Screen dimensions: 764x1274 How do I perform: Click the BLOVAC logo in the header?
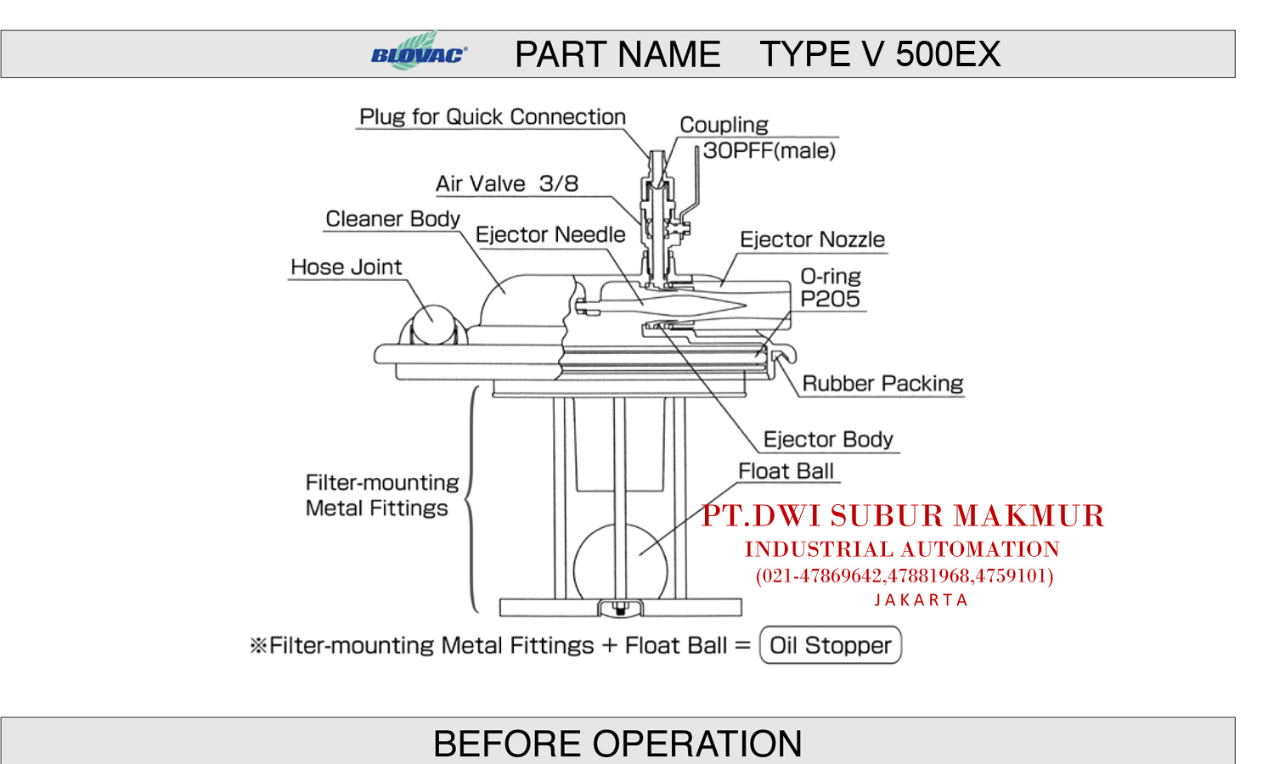419,53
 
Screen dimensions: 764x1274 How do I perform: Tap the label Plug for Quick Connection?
492,117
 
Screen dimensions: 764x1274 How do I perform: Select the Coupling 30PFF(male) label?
757,138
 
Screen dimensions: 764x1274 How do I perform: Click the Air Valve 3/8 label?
506,183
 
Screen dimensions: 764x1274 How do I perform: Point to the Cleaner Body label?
392,219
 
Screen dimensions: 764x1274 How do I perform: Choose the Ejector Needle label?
550,235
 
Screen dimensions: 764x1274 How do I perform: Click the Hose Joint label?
346,267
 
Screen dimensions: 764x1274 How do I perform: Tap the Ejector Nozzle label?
812,240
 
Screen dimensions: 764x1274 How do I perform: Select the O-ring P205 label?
830,288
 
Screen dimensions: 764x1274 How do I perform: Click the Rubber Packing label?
882,384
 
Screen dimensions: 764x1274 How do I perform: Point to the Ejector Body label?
828,440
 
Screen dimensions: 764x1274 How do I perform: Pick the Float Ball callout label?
786,471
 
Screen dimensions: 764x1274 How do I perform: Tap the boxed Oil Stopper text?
830,645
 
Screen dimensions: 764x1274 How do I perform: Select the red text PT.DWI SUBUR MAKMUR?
903,516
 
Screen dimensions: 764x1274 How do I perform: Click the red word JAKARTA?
921,600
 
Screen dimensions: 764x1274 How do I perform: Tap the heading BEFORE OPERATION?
617,744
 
